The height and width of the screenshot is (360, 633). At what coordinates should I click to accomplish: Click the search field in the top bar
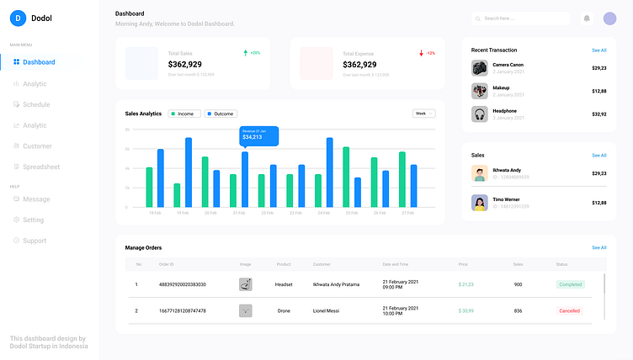tap(522, 18)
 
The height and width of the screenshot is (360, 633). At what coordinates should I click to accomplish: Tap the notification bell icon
tap(587, 18)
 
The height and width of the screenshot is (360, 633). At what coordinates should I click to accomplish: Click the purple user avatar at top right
tap(609, 18)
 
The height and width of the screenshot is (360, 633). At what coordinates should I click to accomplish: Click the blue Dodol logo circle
tap(18, 18)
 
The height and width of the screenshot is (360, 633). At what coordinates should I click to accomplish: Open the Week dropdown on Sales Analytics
tap(423, 113)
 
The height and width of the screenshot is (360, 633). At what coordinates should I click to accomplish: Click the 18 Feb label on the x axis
tap(155, 213)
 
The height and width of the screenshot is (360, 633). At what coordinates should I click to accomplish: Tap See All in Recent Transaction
tap(598, 50)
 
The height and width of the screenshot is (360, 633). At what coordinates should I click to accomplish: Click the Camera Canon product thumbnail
tap(480, 68)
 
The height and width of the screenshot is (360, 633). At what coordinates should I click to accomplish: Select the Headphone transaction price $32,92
tap(598, 114)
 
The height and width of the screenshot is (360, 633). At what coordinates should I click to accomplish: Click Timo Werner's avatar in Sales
tap(480, 203)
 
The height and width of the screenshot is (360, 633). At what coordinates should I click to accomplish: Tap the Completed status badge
tap(570, 284)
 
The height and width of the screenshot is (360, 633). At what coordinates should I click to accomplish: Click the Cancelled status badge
tap(570, 310)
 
